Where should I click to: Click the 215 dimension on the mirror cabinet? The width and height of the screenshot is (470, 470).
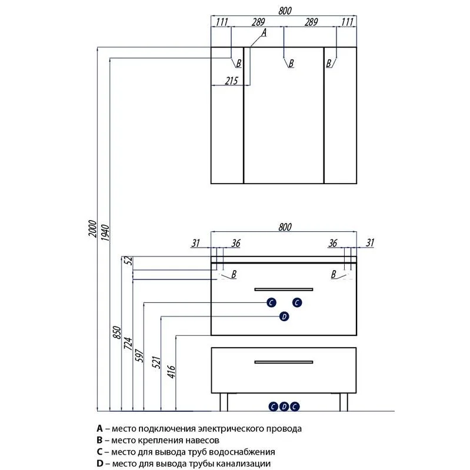point(231,81)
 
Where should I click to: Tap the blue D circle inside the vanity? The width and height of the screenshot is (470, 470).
point(284,317)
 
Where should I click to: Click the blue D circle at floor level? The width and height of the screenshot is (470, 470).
point(284,406)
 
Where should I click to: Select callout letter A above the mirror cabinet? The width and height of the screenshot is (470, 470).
point(264,34)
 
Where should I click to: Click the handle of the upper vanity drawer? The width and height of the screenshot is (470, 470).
point(284,289)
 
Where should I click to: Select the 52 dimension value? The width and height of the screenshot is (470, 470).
point(125,260)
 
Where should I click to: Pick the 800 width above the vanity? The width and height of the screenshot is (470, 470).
point(284,226)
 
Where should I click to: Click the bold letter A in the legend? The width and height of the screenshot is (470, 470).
point(99,429)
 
